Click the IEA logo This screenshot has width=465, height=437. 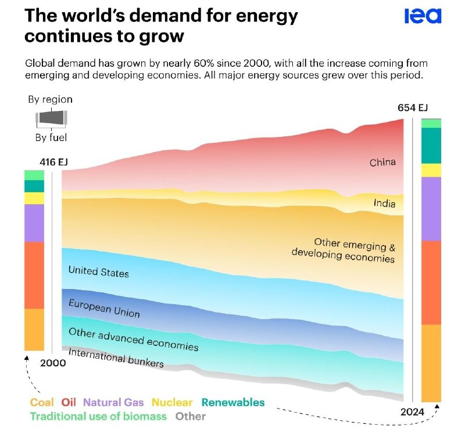tap(423, 16)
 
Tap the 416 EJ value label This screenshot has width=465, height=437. tap(54, 162)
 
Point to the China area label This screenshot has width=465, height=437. tap(382, 162)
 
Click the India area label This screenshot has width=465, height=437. tap(384, 203)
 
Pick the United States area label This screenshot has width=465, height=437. tap(98, 271)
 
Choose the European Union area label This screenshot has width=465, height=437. tap(104, 308)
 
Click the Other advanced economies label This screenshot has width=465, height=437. tap(133, 340)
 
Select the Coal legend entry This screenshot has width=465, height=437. tap(41, 402)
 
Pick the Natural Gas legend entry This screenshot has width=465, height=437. tap(113, 402)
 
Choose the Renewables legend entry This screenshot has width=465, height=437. tap(233, 402)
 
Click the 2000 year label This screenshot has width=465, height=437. tap(52, 363)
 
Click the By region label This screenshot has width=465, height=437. tap(51, 99)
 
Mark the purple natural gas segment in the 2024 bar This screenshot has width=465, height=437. tap(431, 209)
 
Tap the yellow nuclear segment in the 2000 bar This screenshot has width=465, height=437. tap(34, 198)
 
